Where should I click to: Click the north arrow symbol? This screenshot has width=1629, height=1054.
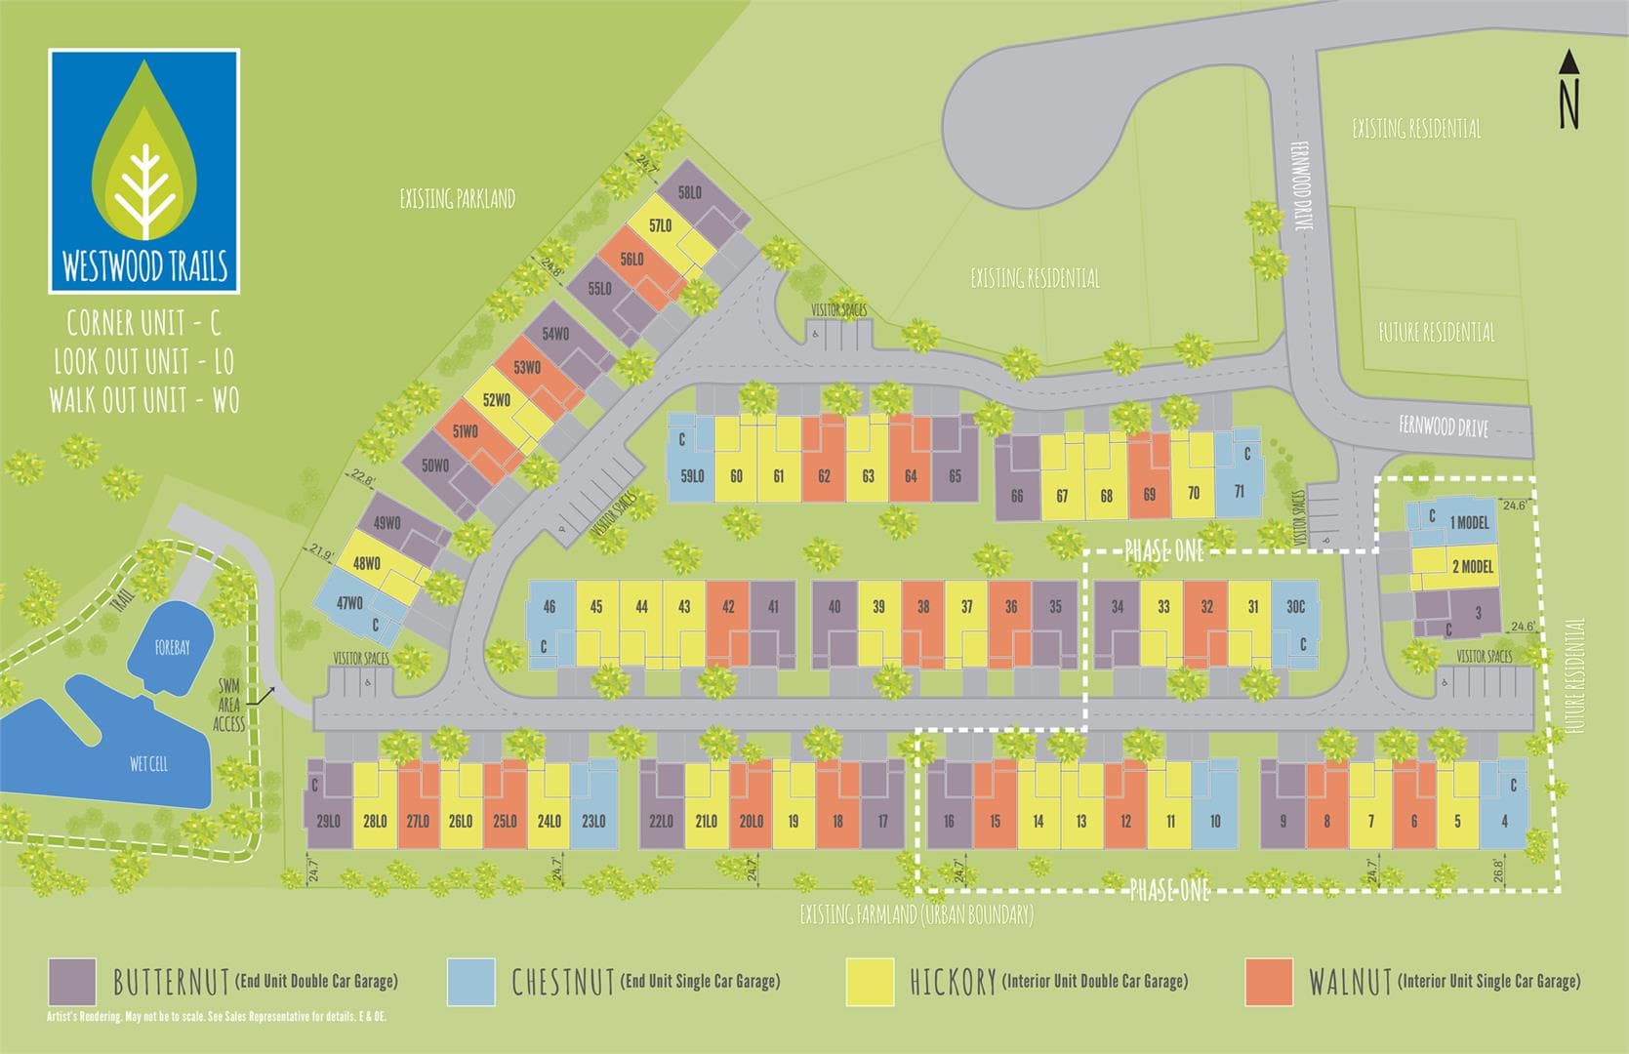pos(1568,90)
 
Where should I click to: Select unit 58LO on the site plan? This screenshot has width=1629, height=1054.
pos(691,193)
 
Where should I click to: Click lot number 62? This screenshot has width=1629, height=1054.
pos(825,476)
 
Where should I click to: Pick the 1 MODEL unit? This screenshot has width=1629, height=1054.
pos(1470,523)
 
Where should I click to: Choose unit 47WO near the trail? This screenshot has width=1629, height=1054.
pos(349,602)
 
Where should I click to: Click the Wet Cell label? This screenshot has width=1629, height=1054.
pos(149,763)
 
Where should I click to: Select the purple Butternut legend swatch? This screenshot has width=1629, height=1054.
pos(72,982)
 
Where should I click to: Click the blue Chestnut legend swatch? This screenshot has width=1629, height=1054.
pos(470,982)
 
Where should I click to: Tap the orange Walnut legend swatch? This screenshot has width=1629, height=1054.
pos(1270,982)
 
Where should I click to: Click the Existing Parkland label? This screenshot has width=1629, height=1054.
pos(457,199)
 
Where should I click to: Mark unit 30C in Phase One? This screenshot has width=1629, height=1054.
pos(1295,607)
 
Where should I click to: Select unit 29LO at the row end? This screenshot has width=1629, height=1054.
pos(329,821)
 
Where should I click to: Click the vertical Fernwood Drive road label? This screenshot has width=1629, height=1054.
pos(1300,185)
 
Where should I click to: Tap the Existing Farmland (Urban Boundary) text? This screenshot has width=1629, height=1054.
pos(916,914)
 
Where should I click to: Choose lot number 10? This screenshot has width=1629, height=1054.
pos(1215,821)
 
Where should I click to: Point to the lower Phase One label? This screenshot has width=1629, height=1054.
pos(1169,890)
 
